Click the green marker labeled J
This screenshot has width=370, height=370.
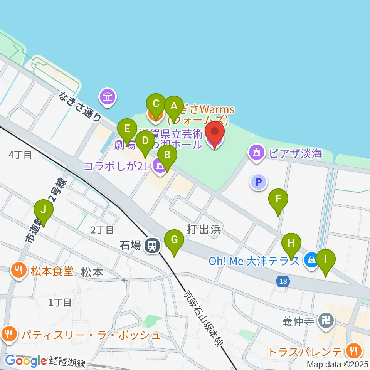click(x=43, y=210)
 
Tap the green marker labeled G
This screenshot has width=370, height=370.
click(x=174, y=240)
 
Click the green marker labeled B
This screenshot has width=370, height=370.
click(x=167, y=155)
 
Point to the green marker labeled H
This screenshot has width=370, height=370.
click(x=291, y=244)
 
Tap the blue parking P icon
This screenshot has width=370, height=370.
click(x=259, y=181)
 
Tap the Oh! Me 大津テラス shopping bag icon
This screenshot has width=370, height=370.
click(x=311, y=261)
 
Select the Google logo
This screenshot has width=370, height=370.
click(x=25, y=361)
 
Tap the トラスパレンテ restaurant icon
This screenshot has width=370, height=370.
click(x=353, y=351)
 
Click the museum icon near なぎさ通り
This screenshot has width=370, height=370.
click(x=108, y=97)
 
